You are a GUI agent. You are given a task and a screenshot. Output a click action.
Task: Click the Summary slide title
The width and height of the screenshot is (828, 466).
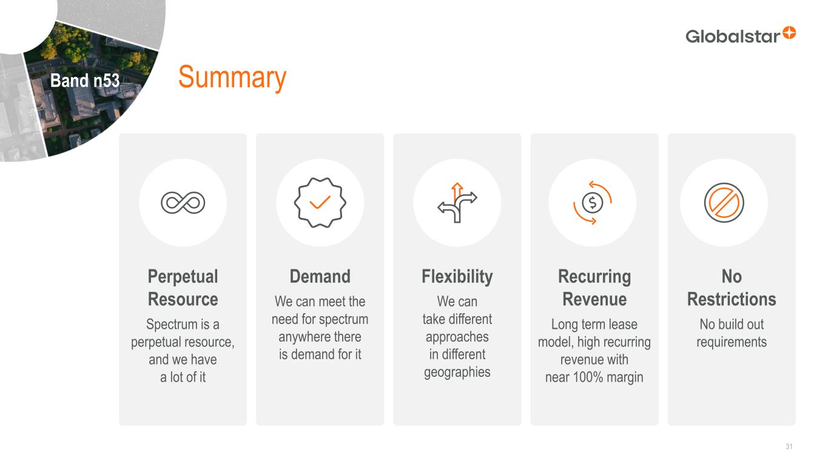pos(232,77)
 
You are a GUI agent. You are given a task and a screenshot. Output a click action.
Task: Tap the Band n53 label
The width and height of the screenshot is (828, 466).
pos(85,80)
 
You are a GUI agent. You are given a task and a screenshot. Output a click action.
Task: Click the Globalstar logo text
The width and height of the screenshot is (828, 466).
pos(733,36)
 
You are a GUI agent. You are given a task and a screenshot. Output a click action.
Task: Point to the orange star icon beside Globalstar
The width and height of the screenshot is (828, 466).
pos(789,33)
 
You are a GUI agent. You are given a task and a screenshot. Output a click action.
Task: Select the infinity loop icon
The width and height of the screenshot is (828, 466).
pos(183,203)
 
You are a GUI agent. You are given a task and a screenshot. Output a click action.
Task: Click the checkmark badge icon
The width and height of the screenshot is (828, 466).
pos(320,203)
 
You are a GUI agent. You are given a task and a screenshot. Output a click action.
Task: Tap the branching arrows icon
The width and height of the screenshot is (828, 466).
pos(457,203)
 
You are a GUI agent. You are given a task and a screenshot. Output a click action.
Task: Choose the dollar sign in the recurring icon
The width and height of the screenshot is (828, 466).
pos(593,203)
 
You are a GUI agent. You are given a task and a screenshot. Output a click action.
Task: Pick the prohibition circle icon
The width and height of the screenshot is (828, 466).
pos(724,203)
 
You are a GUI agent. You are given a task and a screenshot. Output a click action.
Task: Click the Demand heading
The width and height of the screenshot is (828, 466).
pos(320,276)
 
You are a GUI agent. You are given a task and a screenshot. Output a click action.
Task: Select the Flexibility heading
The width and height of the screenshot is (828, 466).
pos(457,277)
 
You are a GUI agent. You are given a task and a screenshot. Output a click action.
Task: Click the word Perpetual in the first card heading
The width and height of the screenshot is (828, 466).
pos(183,277)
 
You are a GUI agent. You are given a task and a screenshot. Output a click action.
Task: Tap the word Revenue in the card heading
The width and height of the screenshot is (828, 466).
pos(594,299)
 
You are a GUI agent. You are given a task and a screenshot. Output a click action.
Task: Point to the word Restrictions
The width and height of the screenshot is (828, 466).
pos(732,299)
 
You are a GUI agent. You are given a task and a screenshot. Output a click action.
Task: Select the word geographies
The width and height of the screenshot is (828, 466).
pos(457,373)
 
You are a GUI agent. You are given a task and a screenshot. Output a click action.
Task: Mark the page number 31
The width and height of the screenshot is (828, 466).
pos(789,447)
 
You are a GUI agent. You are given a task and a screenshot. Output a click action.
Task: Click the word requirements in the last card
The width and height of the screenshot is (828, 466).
pos(732,342)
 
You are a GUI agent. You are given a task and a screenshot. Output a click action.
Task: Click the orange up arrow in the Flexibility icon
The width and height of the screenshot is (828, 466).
pos(457,191)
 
